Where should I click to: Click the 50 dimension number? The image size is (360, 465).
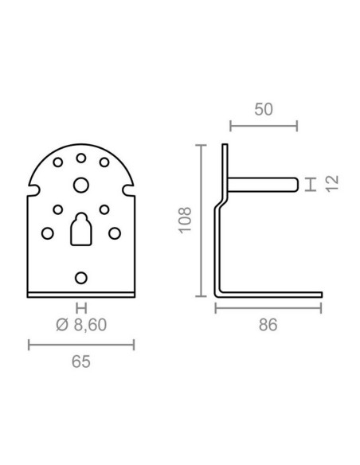click(264, 109)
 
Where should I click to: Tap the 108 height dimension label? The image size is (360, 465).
click(185, 220)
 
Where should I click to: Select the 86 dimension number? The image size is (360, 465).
click(268, 325)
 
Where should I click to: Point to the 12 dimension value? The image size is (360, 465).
click(332, 184)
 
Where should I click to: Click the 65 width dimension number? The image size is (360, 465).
click(81, 361)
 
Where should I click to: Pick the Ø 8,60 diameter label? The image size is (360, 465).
click(81, 325)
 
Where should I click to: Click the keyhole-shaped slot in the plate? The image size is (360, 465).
click(81, 229)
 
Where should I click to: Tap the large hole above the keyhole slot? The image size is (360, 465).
click(81, 185)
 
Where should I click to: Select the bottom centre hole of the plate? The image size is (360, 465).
click(81, 278)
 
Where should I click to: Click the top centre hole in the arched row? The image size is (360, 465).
click(81, 158)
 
